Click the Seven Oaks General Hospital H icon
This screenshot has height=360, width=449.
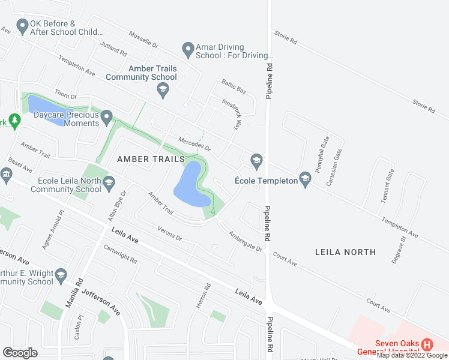(x=427, y=345)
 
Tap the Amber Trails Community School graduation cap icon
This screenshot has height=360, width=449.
(x=161, y=90)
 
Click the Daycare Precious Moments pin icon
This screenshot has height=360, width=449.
(x=107, y=116)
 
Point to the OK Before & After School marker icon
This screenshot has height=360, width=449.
(x=23, y=26)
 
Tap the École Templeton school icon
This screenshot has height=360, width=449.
(x=306, y=178)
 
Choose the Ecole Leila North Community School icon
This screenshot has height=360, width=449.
(x=109, y=182)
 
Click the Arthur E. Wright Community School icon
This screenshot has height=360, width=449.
(x=61, y=275)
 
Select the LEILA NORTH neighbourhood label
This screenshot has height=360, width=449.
(x=345, y=252)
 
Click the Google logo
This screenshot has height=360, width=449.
(x=20, y=353)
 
